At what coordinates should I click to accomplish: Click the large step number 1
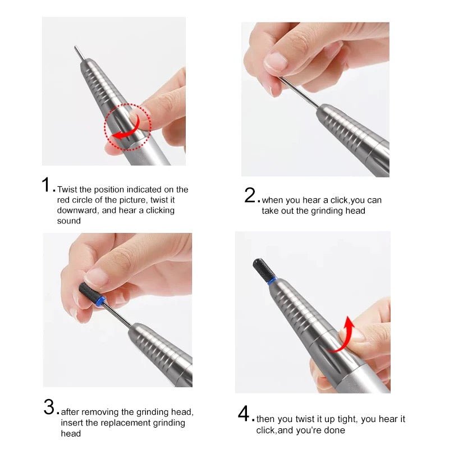pos(47,185)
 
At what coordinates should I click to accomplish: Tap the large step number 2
pos(250,195)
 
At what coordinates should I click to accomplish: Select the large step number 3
pos(49,407)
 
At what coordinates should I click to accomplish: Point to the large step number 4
pos(244,414)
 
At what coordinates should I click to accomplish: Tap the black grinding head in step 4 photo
pos(263,269)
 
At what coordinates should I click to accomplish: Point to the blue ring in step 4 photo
pos(272,280)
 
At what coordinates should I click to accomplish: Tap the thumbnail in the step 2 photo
pos(275,61)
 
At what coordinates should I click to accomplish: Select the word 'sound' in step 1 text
pos(68,221)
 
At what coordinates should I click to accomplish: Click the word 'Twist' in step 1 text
pos(67,190)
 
